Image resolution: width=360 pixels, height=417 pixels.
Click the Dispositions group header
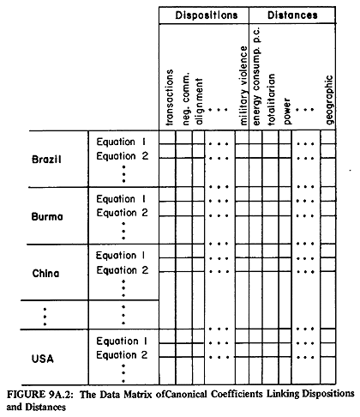pyautogui.click(x=207, y=15)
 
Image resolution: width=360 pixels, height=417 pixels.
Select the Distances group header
pyautogui.click(x=292, y=15)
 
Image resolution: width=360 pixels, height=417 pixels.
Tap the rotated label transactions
pyautogui.click(x=170, y=98)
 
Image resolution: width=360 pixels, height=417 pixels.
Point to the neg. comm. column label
pyautogui.click(x=186, y=99)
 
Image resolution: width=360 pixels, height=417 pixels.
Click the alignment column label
pyautogui.click(x=199, y=101)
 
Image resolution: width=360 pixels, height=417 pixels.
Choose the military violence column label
pyautogui.click(x=243, y=86)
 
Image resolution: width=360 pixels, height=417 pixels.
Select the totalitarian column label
pyautogui.click(x=271, y=100)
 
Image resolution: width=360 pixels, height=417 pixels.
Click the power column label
pyautogui.click(x=287, y=112)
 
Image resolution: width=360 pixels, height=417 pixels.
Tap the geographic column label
pyautogui.click(x=330, y=100)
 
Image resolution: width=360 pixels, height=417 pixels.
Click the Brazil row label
pyautogui.click(x=46, y=160)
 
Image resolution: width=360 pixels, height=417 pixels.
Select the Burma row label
pyautogui.click(x=47, y=216)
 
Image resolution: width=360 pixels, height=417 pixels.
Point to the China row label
pyautogui.click(x=45, y=273)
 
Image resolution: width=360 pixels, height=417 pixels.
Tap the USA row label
pyautogui.click(x=43, y=359)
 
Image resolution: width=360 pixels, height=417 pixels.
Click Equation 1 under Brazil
pyautogui.click(x=122, y=142)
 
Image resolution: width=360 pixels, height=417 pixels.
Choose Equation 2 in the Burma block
pyautogui.click(x=123, y=213)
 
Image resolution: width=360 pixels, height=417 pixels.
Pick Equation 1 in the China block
pyautogui.click(x=121, y=256)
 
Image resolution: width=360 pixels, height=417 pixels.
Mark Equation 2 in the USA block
pyautogui.click(x=122, y=355)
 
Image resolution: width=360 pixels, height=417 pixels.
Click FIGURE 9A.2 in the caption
pyautogui.click(x=40, y=395)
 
